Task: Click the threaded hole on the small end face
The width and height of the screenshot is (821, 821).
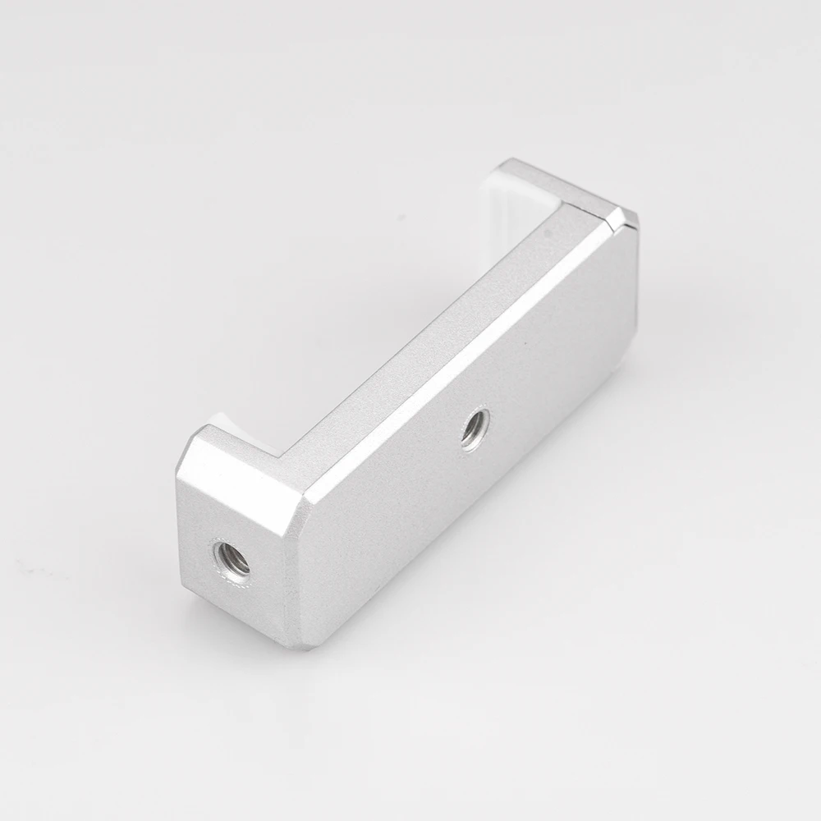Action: point(231,561)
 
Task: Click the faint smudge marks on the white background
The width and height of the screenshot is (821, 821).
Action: point(33,566)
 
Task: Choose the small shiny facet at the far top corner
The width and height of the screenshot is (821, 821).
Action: point(628,218)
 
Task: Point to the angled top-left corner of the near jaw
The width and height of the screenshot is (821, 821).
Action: point(193,447)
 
